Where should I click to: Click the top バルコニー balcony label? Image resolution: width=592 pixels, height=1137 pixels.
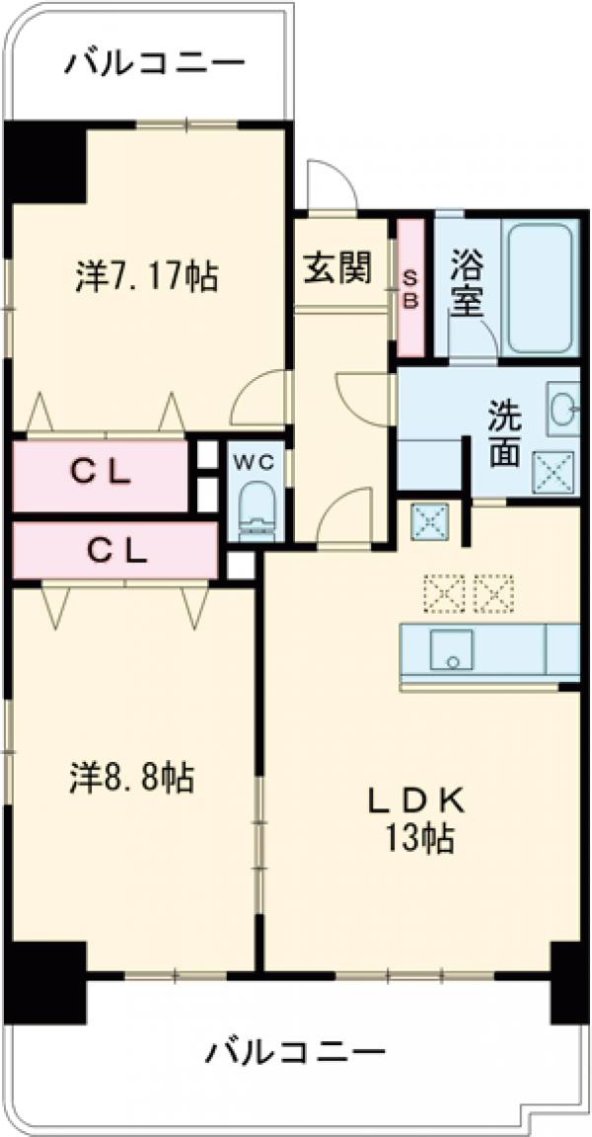154,65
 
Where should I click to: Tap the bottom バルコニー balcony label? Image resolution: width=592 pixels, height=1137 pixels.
295,1052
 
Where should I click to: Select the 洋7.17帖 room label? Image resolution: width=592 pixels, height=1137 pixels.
146,277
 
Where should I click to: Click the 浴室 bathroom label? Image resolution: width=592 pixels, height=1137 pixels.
468,283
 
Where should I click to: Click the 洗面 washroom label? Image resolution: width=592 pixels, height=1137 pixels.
503,435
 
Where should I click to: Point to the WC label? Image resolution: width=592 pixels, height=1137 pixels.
258,460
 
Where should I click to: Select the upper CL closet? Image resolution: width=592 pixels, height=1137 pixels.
100,476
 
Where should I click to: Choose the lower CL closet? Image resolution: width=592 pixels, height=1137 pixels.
114,551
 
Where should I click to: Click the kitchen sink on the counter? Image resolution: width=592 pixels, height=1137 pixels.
451,650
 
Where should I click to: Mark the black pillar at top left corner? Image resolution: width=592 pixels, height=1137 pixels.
45,162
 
